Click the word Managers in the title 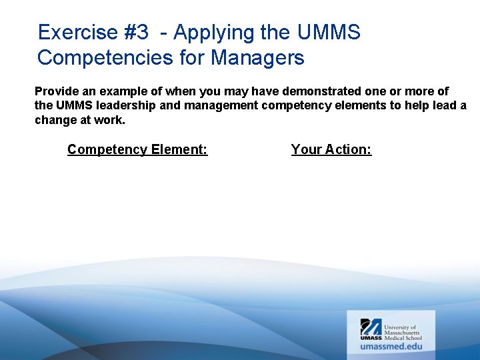point(257,57)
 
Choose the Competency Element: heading point(137,149)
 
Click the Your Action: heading point(331,149)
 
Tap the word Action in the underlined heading point(348,149)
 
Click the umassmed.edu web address point(391,346)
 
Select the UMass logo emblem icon point(371,327)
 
